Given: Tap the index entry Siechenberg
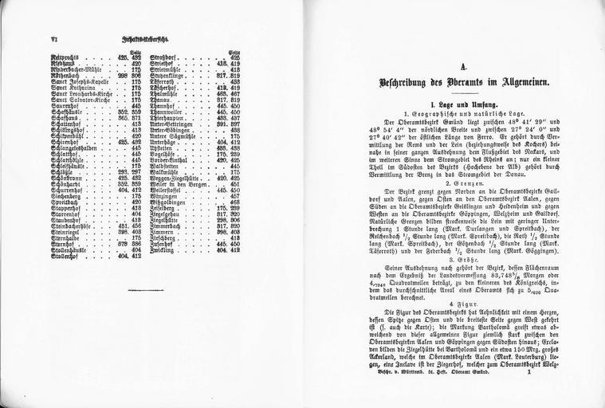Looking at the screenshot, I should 67,195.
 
